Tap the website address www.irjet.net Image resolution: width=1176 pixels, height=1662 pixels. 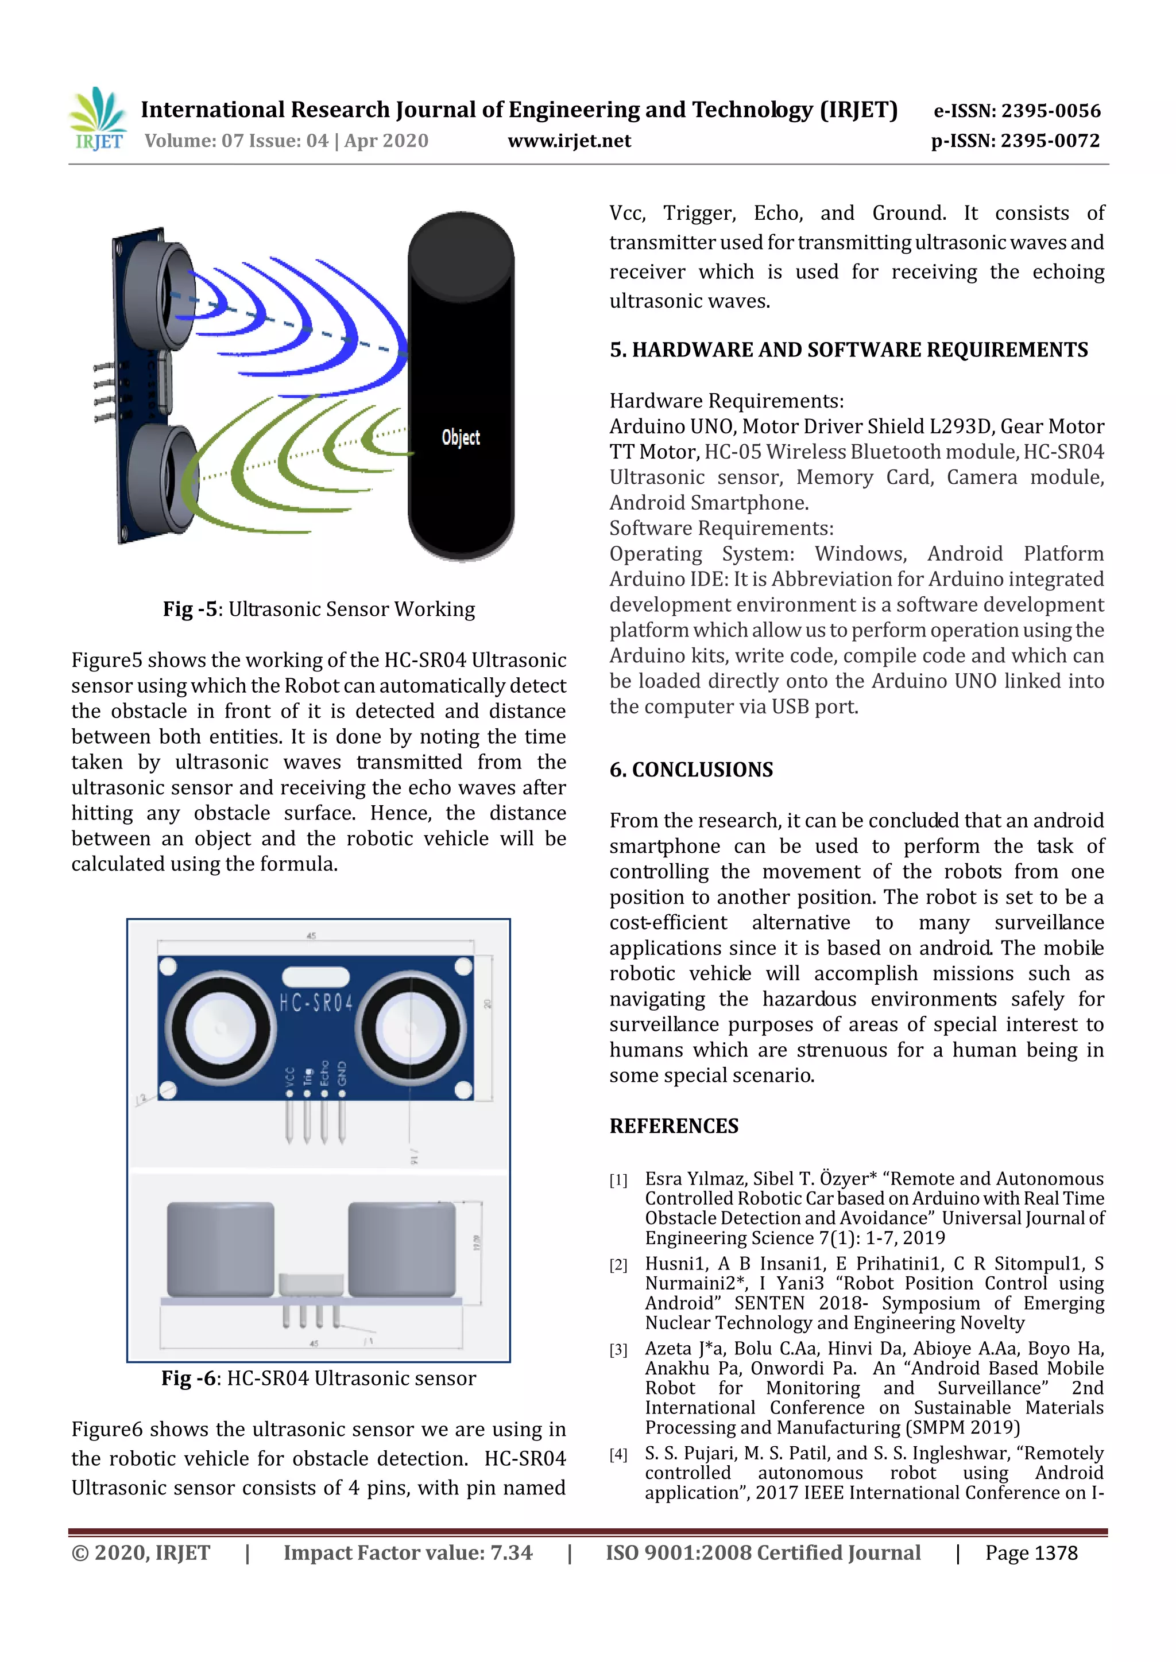click(569, 141)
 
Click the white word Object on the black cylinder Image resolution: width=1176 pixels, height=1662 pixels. click(461, 437)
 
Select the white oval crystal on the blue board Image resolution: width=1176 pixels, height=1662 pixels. click(316, 977)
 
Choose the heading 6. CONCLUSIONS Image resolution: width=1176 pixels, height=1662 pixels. click(691, 770)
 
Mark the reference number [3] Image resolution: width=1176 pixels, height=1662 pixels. click(618, 1349)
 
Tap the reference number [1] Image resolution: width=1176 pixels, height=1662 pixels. click(618, 1180)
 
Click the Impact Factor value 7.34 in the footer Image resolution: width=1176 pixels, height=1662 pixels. click(510, 1553)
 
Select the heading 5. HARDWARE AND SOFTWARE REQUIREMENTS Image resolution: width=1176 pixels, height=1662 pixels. click(848, 350)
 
